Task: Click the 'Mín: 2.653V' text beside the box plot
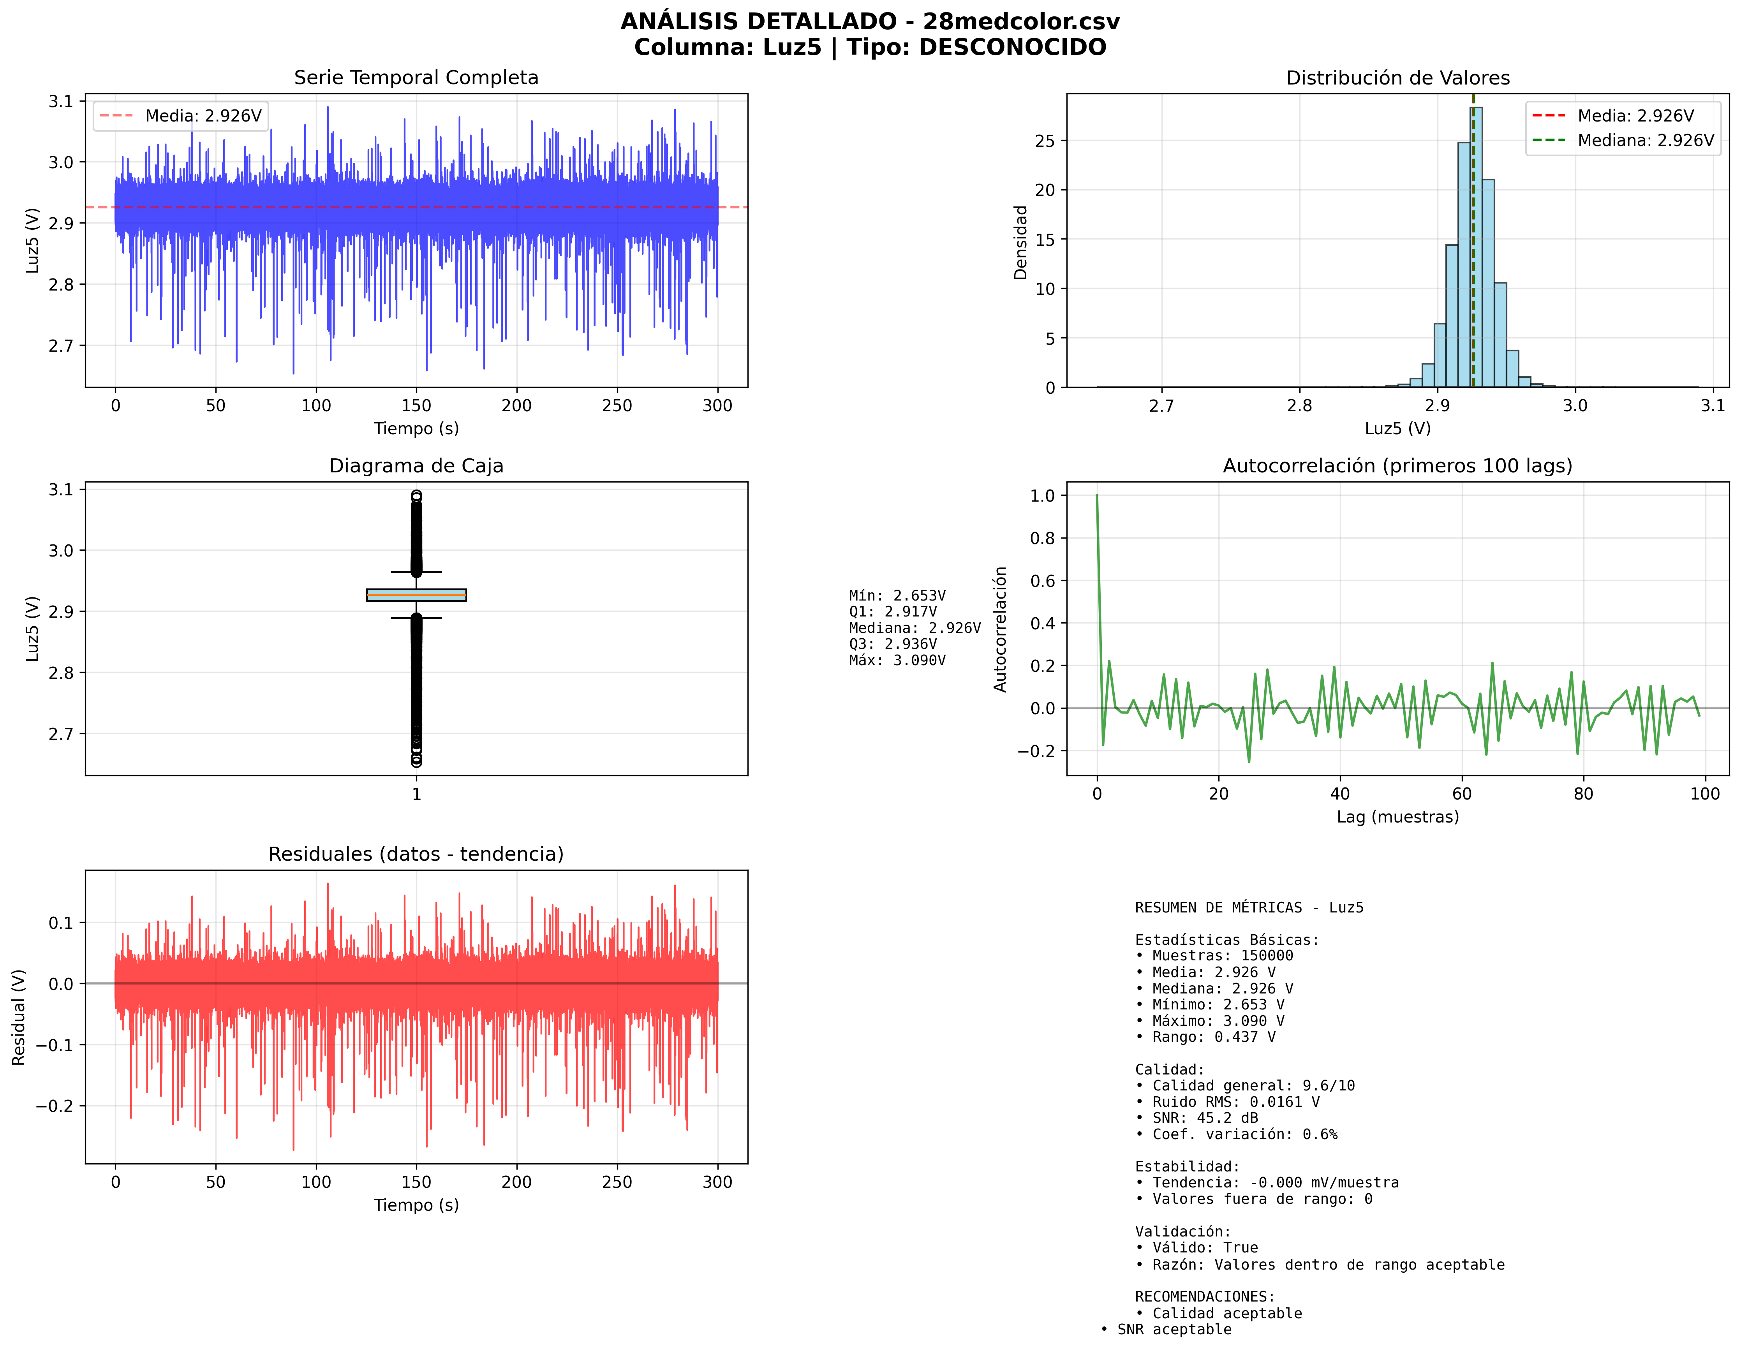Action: coord(897,595)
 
